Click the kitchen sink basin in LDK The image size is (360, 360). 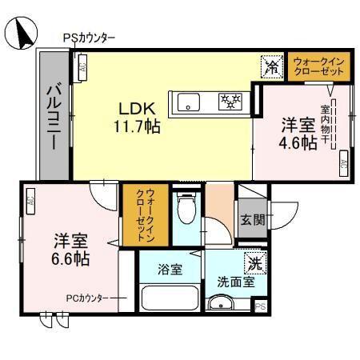coord(190,101)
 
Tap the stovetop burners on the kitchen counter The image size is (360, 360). coord(231,101)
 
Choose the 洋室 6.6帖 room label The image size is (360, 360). coord(70,249)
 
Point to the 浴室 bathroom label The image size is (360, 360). coord(169,270)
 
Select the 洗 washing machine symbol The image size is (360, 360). coord(254,262)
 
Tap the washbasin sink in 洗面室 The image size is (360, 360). coord(220,304)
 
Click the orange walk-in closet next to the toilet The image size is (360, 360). coord(144,214)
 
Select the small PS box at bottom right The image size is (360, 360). coord(259,306)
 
